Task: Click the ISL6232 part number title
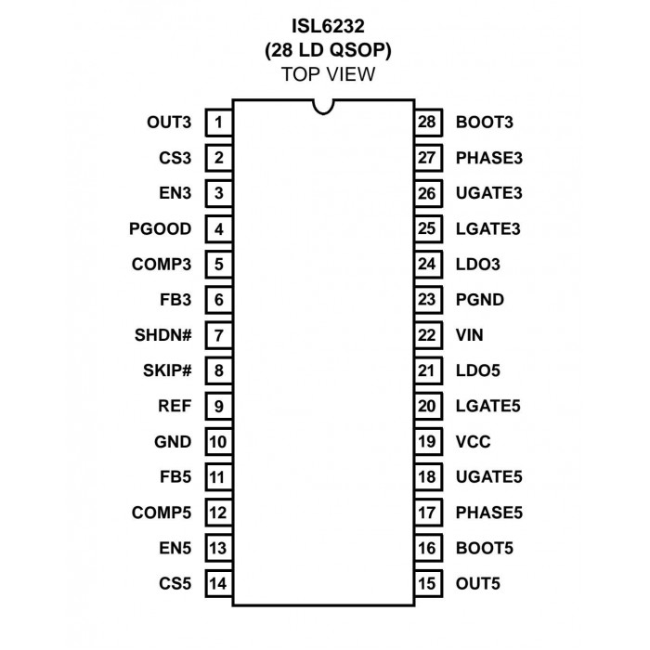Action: pos(328,26)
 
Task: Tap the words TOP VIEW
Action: pos(328,74)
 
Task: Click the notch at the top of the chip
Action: pos(323,107)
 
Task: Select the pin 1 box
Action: pos(219,123)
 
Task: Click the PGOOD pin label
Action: pos(161,228)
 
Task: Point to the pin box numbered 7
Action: pos(219,335)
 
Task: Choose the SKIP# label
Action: pos(167,370)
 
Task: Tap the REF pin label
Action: pos(175,406)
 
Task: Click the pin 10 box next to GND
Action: pos(219,442)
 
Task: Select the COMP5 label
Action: pos(162,513)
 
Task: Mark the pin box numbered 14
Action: pos(219,584)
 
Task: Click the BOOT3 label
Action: pos(485,123)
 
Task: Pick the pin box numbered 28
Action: pos(428,123)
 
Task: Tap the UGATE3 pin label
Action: pos(489,193)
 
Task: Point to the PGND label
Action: pos(480,300)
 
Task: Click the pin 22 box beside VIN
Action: pos(428,335)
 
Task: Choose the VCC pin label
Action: pos(473,442)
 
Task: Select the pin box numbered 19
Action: pos(428,442)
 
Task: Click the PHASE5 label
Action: pos(489,513)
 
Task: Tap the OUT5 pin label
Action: pos(478,584)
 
